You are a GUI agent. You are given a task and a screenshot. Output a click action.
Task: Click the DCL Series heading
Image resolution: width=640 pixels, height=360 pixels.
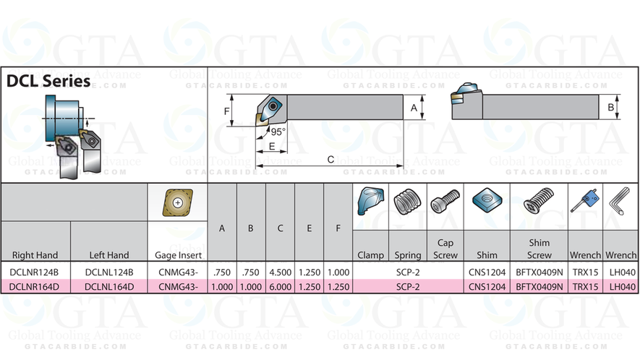(x=48, y=81)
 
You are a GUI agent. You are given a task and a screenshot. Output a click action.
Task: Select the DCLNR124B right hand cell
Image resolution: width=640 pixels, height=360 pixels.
(x=34, y=273)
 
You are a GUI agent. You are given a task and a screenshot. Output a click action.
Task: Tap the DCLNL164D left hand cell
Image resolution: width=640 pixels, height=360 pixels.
(x=109, y=286)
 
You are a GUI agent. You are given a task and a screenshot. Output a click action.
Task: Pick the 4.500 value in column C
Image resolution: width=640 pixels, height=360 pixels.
(x=280, y=273)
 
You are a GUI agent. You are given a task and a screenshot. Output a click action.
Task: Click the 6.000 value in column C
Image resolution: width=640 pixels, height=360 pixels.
(x=280, y=286)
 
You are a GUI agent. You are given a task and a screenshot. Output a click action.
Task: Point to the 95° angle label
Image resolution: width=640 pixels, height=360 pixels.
(x=278, y=132)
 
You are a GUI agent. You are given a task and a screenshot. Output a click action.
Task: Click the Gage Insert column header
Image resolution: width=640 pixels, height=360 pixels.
(x=178, y=255)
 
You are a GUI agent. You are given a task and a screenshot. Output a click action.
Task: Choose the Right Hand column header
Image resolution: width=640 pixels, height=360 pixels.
(x=35, y=255)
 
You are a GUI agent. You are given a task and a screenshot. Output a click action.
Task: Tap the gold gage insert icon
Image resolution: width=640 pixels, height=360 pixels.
(x=178, y=202)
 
